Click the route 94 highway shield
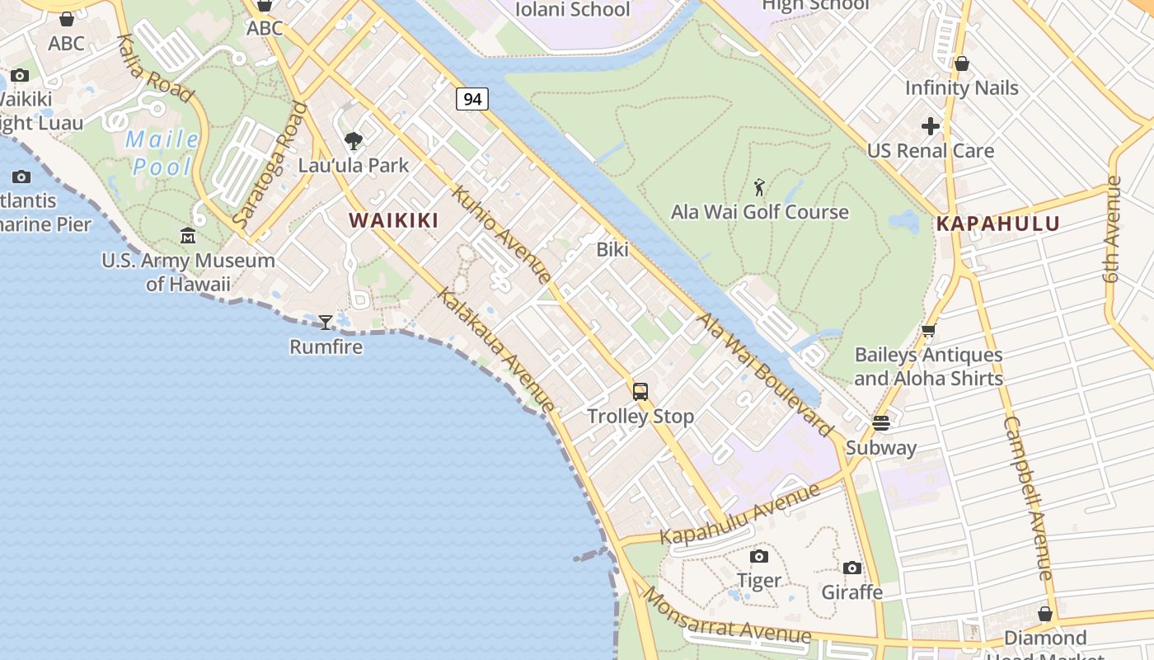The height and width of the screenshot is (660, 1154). tap(472, 99)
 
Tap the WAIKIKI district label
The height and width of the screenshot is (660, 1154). tap(393, 220)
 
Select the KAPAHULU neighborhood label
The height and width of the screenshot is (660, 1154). tap(997, 224)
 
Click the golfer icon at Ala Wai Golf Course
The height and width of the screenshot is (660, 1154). tap(759, 187)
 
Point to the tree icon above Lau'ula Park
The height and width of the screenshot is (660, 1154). tap(354, 141)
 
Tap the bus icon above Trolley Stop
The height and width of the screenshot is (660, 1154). tap(640, 392)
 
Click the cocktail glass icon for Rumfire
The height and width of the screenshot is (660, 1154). tap(326, 322)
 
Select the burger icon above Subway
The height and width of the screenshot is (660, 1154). tap(880, 423)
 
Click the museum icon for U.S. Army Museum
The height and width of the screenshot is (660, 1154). tap(188, 236)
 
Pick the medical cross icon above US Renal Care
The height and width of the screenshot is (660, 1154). tap(931, 126)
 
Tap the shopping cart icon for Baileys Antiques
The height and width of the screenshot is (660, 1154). tap(928, 331)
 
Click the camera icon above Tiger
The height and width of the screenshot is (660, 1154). tap(759, 556)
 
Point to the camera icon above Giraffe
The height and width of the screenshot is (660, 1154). tap(852, 568)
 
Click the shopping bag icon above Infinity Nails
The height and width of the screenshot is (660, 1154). tap(961, 64)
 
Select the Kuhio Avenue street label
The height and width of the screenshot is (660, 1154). tap(502, 235)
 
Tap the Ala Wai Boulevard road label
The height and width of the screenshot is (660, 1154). tap(766, 375)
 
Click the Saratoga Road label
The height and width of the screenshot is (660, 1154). tap(270, 165)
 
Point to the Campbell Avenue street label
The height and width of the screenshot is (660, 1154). tap(1028, 497)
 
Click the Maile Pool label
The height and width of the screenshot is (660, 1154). tap(163, 153)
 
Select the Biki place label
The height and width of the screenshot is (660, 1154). tap(612, 249)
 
